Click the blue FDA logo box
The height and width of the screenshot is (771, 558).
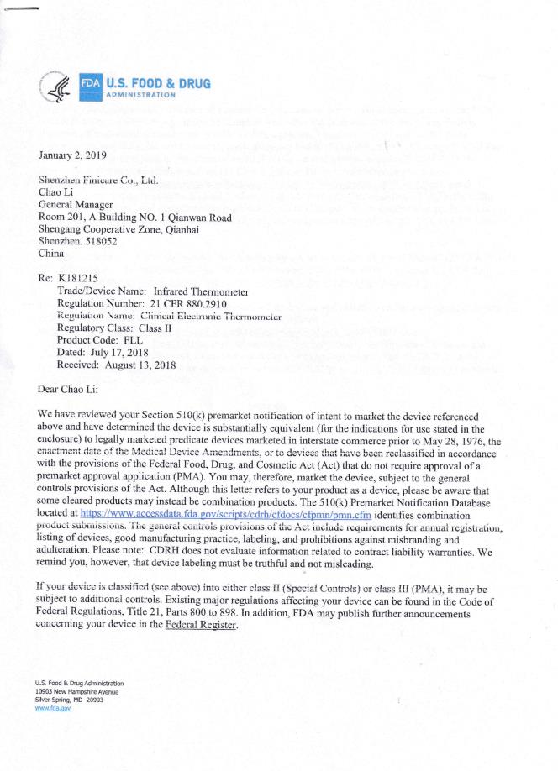coord(90,85)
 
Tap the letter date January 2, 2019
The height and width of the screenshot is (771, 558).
coord(74,156)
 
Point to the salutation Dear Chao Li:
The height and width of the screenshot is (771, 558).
coord(75,390)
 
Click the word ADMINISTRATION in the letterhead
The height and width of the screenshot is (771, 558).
coord(141,95)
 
